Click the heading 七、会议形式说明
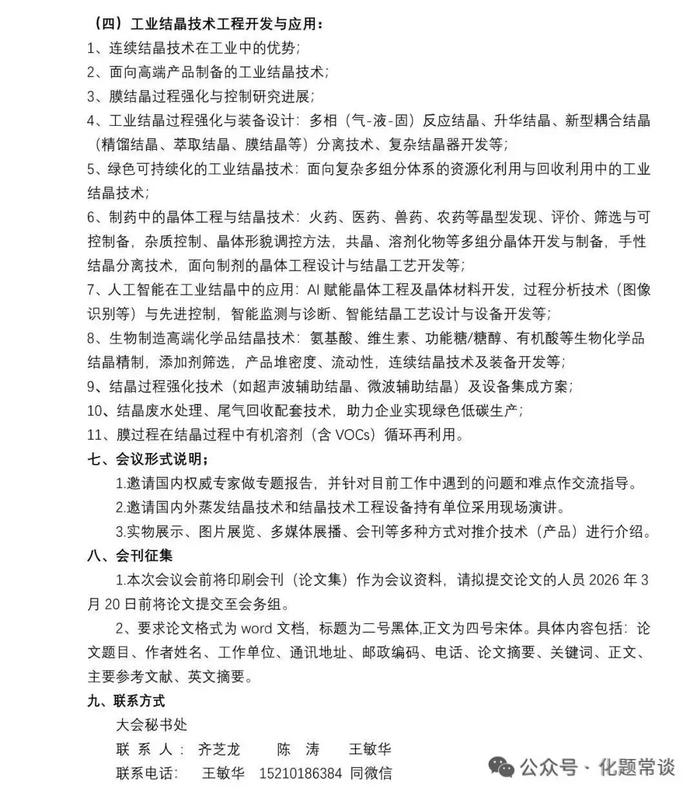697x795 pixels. tap(148, 459)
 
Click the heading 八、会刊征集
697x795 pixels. tap(130, 556)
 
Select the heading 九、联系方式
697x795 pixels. tap(126, 700)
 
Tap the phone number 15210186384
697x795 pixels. tap(300, 772)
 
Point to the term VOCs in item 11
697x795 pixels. tap(354, 435)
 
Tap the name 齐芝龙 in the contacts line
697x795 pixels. tap(219, 749)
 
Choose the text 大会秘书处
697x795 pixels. tap(152, 724)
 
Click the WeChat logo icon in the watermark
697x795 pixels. tap(501, 767)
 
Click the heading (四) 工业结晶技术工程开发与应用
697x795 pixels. tap(206, 25)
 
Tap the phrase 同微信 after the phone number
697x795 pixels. tap(371, 772)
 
